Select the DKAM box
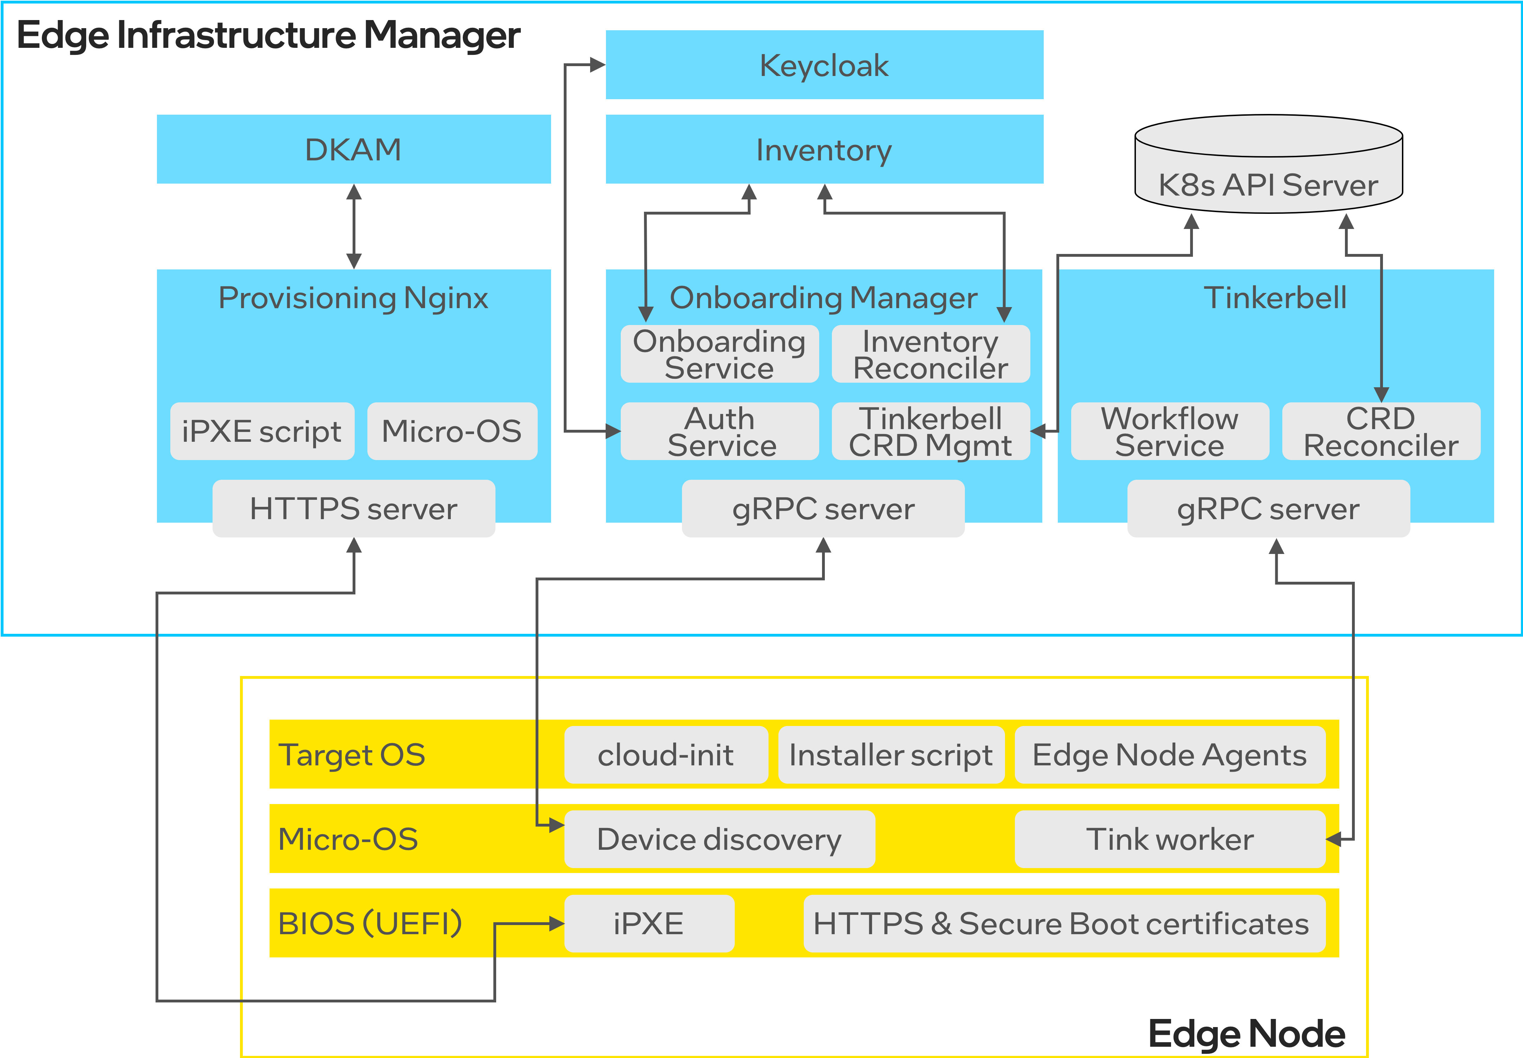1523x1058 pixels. [x=353, y=149]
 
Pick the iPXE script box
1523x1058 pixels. [x=262, y=431]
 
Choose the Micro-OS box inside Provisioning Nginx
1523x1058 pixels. [x=451, y=431]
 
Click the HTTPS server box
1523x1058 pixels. [x=353, y=509]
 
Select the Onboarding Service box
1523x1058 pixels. [x=719, y=354]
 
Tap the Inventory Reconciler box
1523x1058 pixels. [x=930, y=354]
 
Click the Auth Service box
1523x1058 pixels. [x=719, y=432]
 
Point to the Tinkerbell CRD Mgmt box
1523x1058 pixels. [x=930, y=432]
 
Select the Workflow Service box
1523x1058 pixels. [x=1170, y=432]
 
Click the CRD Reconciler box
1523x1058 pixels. [x=1380, y=432]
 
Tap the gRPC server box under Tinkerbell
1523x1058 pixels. [x=1268, y=509]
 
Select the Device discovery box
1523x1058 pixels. [x=719, y=839]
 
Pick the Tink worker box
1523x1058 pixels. [x=1170, y=839]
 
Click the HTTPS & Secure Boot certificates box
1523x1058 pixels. [x=1063, y=923]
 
